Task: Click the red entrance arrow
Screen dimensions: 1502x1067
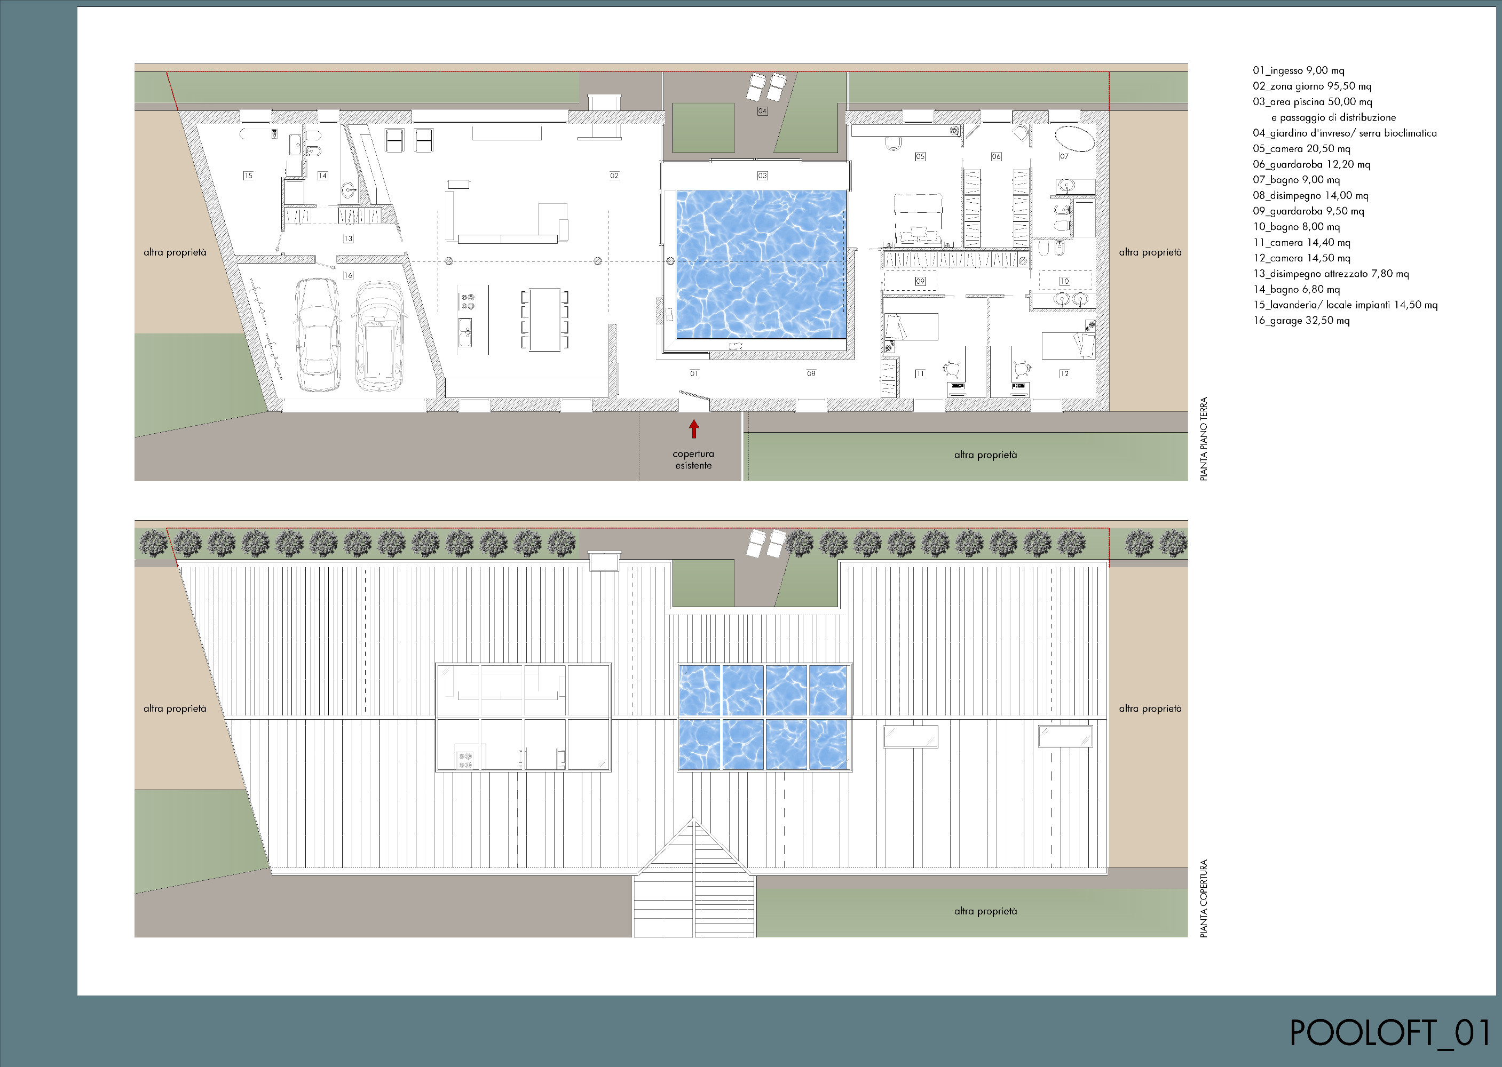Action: [693, 429]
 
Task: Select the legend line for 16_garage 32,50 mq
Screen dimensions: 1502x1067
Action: [1301, 321]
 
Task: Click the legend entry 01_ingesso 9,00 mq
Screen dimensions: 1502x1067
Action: [1298, 70]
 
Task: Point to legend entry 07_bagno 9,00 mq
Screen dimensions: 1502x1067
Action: [1295, 180]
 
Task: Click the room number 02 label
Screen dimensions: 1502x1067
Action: [614, 176]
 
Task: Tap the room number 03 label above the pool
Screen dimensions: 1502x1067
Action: [763, 176]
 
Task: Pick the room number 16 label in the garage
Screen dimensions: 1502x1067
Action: [349, 275]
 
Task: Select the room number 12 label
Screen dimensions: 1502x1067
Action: [1064, 373]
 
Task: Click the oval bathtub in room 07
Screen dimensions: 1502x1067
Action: [1075, 139]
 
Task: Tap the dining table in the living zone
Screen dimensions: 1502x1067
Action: [545, 320]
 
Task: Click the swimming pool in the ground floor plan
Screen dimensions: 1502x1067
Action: [761, 265]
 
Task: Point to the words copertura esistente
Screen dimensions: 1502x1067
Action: [693, 459]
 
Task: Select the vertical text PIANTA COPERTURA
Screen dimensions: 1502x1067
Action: [1204, 898]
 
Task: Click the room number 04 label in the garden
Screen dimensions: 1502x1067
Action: [763, 111]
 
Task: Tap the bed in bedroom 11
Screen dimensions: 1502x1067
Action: [911, 327]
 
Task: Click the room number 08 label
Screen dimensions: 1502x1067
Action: [811, 373]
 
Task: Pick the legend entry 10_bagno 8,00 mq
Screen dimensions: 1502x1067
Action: [1295, 227]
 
